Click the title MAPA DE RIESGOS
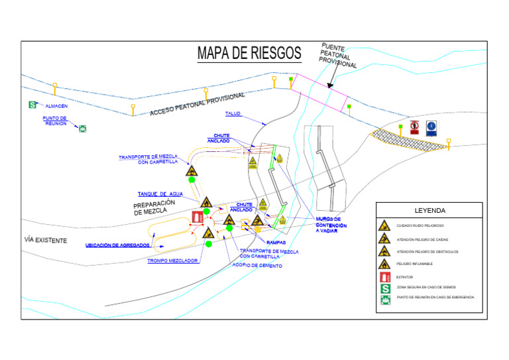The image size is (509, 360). pos(249,53)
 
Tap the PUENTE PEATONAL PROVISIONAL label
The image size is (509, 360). pos(340,55)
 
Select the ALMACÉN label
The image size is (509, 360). pos(56,105)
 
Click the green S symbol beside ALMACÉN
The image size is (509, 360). pos(32,105)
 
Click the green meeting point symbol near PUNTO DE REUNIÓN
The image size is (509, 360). pos(82,128)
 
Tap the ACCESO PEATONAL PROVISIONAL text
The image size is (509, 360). pos(192,105)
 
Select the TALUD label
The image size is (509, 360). pos(233,113)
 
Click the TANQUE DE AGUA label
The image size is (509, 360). pos(160,194)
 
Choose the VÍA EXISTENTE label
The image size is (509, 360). pos(46,239)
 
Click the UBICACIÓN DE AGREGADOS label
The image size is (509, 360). pos(117,245)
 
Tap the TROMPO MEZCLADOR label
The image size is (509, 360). pos(172,261)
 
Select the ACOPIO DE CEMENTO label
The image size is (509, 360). pos(257,265)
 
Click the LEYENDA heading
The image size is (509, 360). pos(429,211)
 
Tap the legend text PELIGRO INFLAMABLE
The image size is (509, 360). pos(414,264)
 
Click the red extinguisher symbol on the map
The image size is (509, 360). pos(197,216)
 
